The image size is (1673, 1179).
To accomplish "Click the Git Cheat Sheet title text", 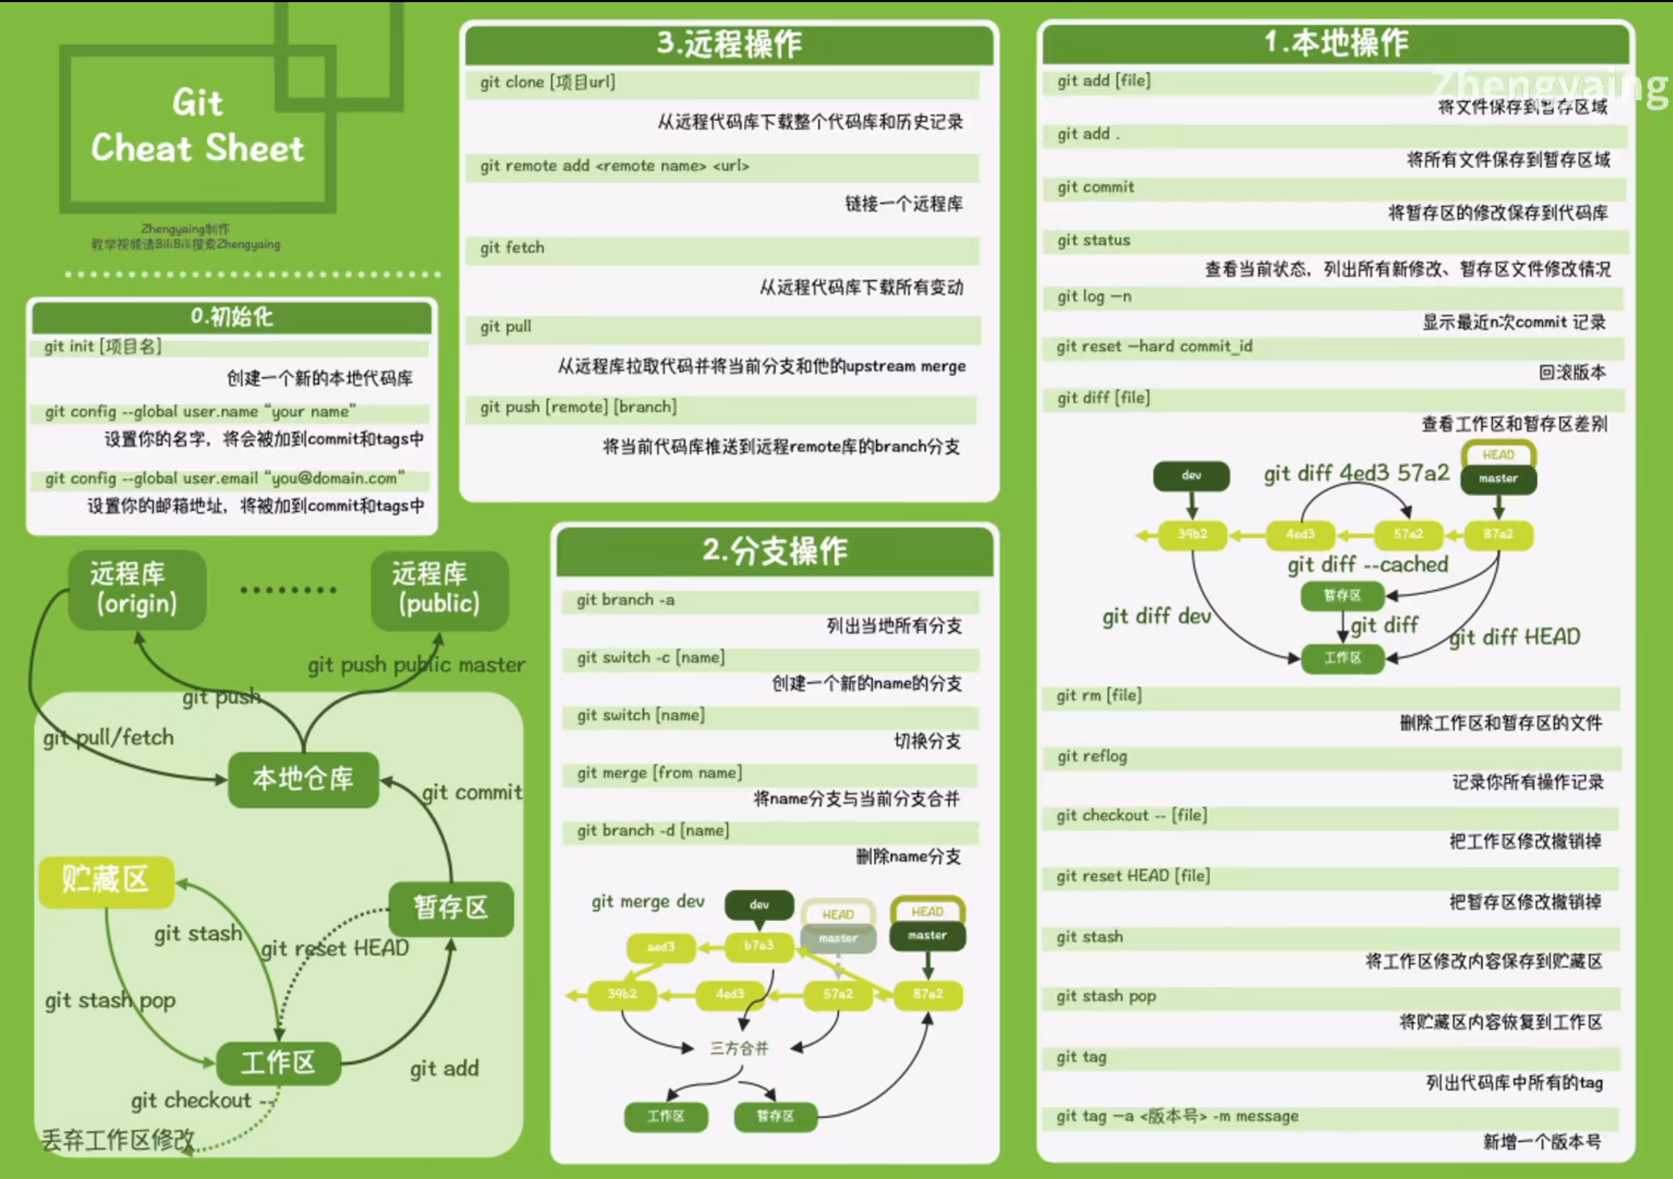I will click(x=197, y=126).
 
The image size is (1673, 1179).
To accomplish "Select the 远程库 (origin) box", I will click(x=137, y=588).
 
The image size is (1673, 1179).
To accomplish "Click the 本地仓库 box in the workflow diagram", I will click(x=303, y=779).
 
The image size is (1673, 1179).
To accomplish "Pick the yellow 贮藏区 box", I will click(x=106, y=880).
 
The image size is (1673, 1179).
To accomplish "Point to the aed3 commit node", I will click(x=661, y=947).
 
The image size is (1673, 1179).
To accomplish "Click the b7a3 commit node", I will click(x=758, y=946).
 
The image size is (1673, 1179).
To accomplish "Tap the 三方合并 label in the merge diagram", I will click(x=740, y=1048).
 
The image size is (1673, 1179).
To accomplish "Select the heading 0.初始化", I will click(x=232, y=317).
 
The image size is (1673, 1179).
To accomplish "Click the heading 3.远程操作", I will click(x=729, y=44).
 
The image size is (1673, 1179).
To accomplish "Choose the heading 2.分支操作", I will click(x=774, y=551).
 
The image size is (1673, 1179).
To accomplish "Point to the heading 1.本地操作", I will click(x=1336, y=42).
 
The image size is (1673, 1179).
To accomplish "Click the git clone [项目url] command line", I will click(x=548, y=82).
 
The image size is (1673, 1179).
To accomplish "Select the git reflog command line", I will click(x=1092, y=756).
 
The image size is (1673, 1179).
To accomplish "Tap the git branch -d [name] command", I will click(x=653, y=831).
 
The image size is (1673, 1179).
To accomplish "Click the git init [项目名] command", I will click(x=102, y=346).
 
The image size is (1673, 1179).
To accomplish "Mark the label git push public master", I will click(x=416, y=665).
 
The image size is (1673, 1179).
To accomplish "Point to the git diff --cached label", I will click(x=1367, y=564).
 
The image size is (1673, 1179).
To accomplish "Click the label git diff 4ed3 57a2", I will click(x=1356, y=474).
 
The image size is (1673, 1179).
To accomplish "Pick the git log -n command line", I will click(x=1095, y=296).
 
